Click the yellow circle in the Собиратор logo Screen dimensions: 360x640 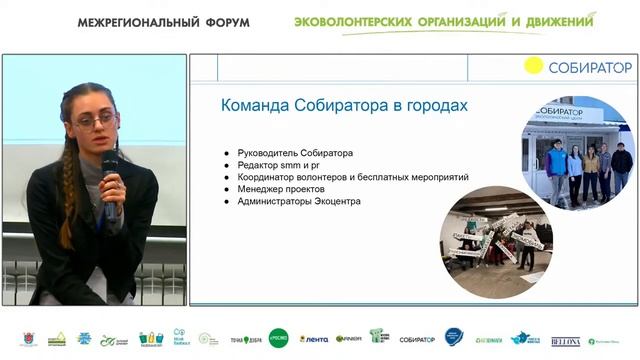tap(534, 66)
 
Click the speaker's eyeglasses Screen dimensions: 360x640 tap(96, 121)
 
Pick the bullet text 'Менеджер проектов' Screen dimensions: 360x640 tap(283, 189)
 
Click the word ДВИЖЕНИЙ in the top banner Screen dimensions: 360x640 tap(552, 21)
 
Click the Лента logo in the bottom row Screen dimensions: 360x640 tap(314, 339)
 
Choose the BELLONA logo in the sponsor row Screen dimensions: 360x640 tap(565, 340)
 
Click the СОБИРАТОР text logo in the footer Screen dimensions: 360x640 tap(417, 340)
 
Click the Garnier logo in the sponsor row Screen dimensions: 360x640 tap(348, 339)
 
